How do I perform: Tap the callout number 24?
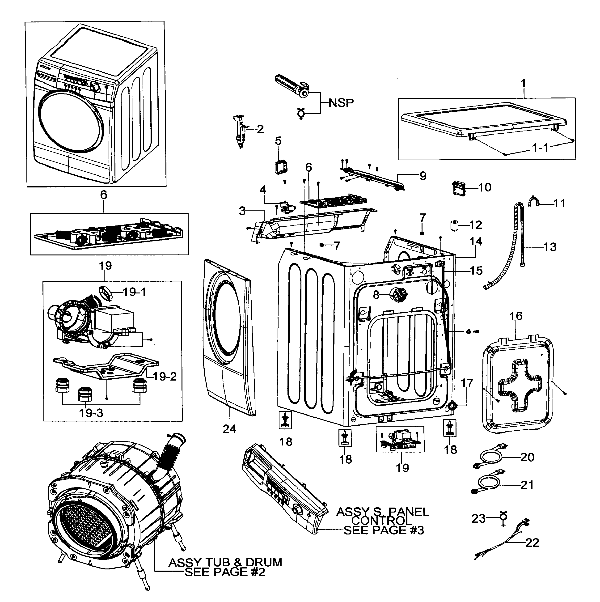pyautogui.click(x=230, y=429)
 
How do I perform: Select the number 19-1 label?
pyautogui.click(x=134, y=292)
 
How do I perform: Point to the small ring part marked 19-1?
pyautogui.click(x=106, y=293)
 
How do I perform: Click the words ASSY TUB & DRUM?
pyautogui.click(x=225, y=562)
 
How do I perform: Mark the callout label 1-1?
pyautogui.click(x=540, y=148)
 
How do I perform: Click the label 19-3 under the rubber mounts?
pyautogui.click(x=91, y=413)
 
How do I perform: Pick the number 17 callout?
pyautogui.click(x=467, y=383)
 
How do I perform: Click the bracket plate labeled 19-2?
pyautogui.click(x=106, y=368)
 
